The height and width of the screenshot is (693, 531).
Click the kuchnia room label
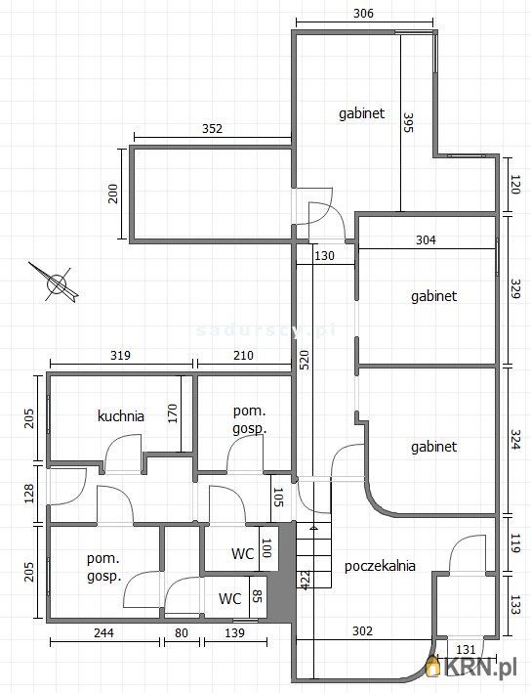click(x=121, y=415)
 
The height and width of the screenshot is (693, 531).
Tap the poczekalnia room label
click(x=380, y=565)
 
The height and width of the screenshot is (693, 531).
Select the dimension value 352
click(x=213, y=128)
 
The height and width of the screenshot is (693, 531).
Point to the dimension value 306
click(x=363, y=14)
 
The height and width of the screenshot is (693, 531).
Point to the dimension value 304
click(x=426, y=239)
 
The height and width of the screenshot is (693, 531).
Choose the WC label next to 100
click(x=243, y=553)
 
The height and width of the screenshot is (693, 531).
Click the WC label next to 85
click(x=230, y=598)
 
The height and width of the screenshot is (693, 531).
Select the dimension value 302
click(x=362, y=631)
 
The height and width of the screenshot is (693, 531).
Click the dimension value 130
click(x=324, y=256)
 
